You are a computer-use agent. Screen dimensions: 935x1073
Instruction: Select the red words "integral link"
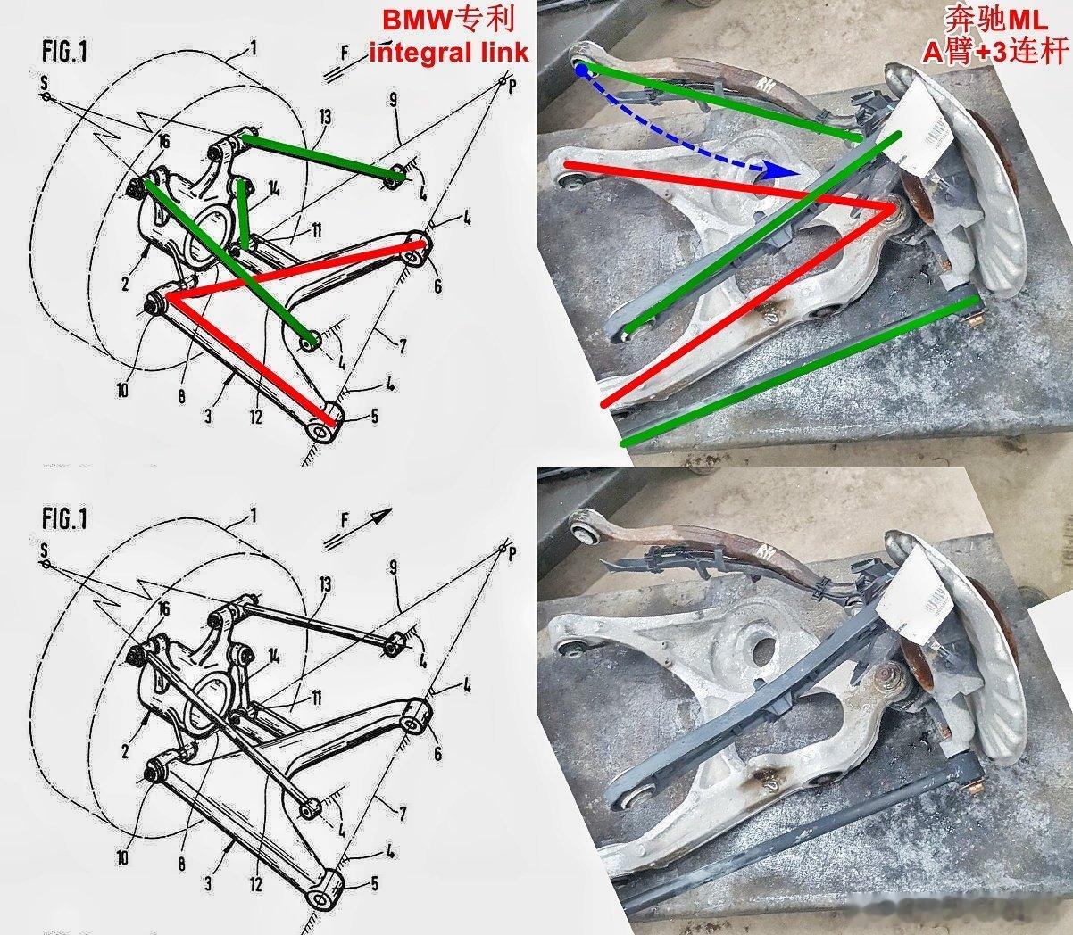448,52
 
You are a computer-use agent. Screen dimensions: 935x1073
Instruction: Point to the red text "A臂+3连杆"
995,52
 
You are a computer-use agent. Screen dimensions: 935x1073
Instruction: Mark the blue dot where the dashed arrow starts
581,69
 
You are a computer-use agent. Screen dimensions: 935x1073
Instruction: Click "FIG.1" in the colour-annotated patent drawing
64,51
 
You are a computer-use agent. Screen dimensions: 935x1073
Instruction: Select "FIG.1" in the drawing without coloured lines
64,519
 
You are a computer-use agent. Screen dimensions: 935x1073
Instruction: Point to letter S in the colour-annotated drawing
43,83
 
